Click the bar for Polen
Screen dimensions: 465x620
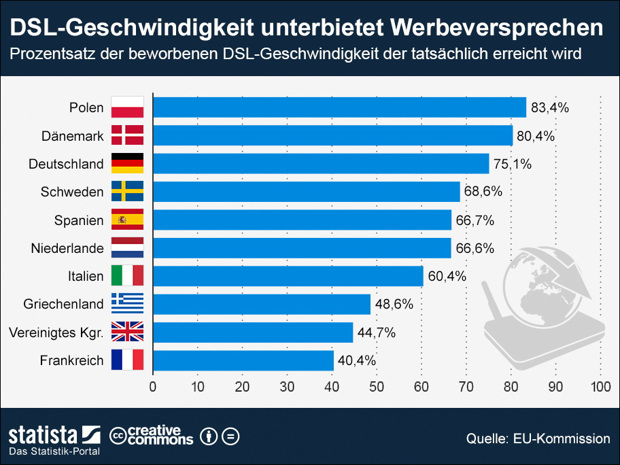click(x=339, y=107)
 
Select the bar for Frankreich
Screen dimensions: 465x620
click(x=243, y=360)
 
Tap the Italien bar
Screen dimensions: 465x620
click(x=288, y=276)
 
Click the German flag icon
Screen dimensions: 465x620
click(x=127, y=164)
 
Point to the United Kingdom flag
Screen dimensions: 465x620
click(x=127, y=332)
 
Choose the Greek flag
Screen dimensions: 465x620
click(x=127, y=304)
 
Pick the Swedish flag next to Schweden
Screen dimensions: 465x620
click(x=127, y=192)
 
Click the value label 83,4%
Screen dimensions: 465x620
click(x=550, y=107)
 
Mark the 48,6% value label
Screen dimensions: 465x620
click(x=394, y=304)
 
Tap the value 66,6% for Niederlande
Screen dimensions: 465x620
click(x=475, y=248)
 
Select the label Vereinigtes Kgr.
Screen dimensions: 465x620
click(x=56, y=332)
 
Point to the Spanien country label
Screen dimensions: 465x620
click(x=79, y=220)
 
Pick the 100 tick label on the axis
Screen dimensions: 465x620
click(x=600, y=387)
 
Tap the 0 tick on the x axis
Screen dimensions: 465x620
click(x=153, y=387)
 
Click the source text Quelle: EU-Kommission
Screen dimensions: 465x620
click(x=538, y=438)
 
